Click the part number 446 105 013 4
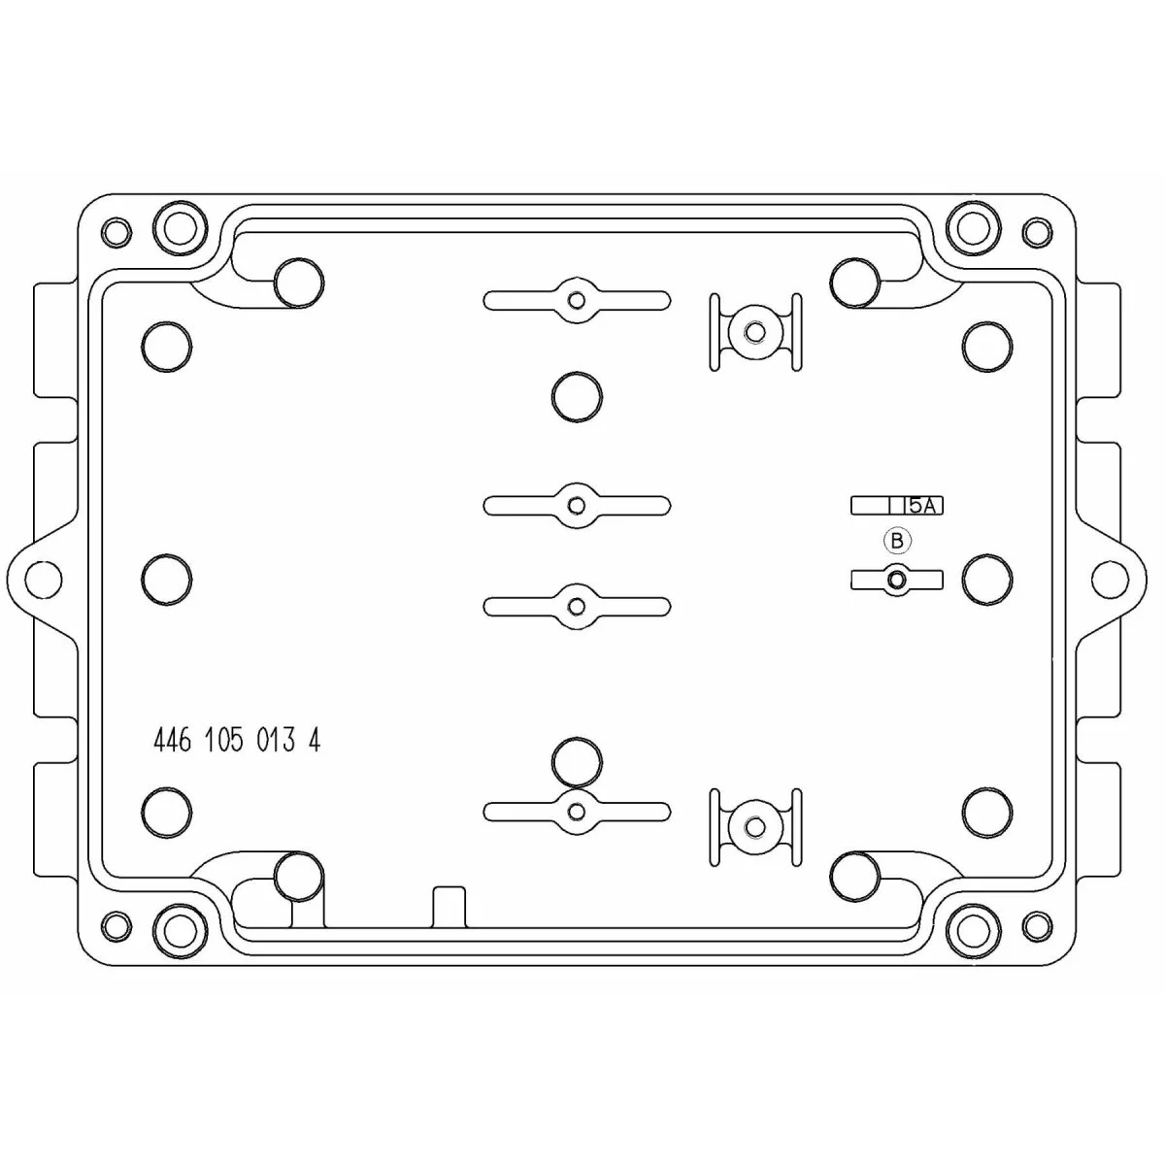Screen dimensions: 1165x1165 tap(237, 740)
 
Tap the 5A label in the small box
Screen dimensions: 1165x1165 tap(922, 506)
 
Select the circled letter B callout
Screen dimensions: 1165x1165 tap(897, 541)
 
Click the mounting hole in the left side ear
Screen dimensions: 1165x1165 tap(44, 578)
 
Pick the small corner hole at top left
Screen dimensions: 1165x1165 tap(116, 232)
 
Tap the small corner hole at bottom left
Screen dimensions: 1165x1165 tap(116, 925)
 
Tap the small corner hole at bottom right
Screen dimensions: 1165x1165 tap(1037, 925)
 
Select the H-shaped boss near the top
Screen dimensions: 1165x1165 tap(755, 332)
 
